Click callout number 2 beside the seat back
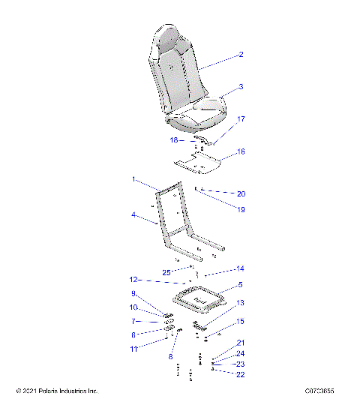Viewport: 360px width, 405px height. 241,55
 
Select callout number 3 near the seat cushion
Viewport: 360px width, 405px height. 241,87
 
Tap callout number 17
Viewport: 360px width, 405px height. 241,119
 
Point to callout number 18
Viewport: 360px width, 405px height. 173,140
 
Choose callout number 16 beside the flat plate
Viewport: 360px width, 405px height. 241,151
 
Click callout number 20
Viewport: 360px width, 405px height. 241,194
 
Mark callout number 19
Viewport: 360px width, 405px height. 241,211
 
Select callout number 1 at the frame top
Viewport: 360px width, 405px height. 133,180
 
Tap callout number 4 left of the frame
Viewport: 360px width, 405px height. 133,215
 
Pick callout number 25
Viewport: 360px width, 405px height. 167,271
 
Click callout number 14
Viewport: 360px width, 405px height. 241,268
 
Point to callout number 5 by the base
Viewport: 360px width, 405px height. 241,285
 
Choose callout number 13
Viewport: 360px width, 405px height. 241,304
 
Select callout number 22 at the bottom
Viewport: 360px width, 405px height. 241,374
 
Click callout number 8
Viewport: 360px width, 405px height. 171,356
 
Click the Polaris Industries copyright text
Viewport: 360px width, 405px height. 57,391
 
